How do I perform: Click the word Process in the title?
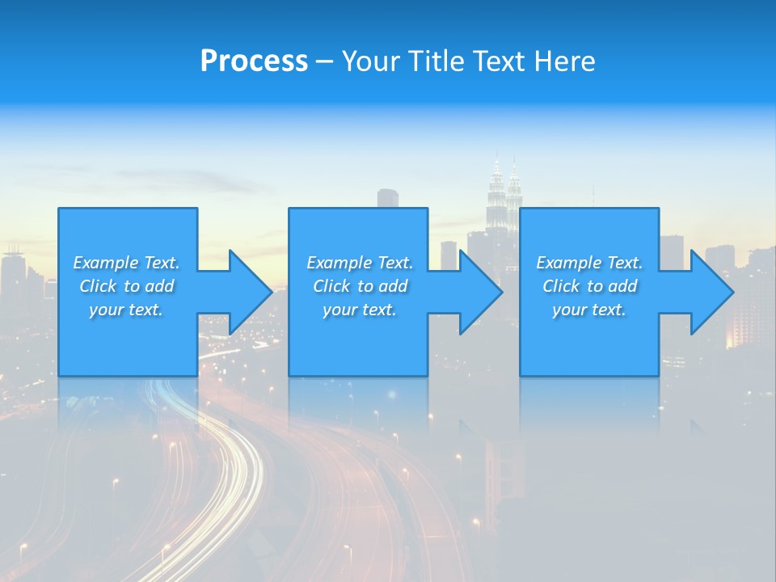pos(254,61)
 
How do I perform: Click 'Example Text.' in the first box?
pos(126,263)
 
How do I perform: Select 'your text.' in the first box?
pos(126,310)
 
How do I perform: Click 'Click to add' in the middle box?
pos(360,286)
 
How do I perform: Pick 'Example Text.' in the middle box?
pos(360,263)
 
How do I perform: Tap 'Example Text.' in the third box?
pos(589,263)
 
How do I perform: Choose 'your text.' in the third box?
pos(589,310)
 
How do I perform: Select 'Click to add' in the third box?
pos(589,286)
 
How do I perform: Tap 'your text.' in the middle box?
pos(360,310)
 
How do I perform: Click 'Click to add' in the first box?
pos(126,286)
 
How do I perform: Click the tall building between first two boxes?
pos(388,199)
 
